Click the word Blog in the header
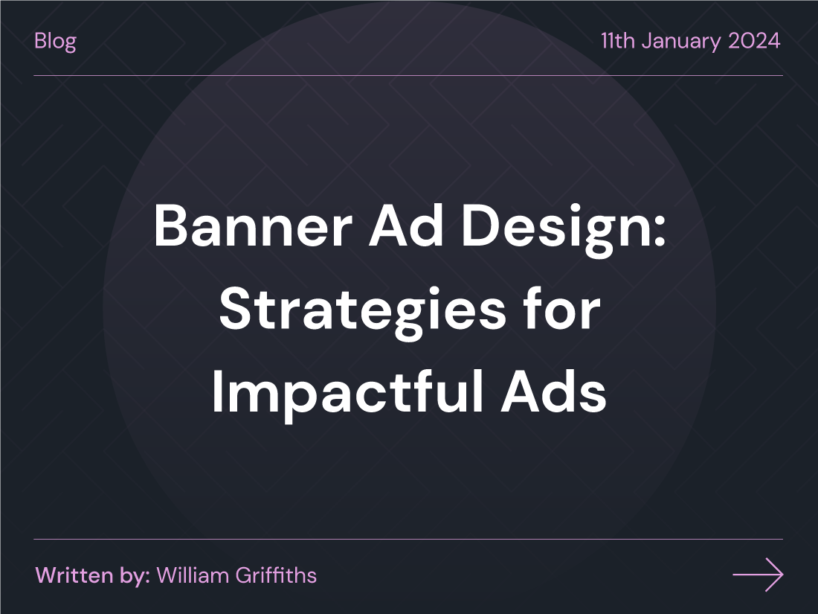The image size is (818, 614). [x=55, y=40]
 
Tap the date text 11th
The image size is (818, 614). [x=618, y=40]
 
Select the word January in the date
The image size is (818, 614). [x=681, y=40]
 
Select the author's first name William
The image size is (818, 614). [x=191, y=575]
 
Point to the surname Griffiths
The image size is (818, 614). [x=274, y=575]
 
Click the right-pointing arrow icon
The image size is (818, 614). [x=758, y=575]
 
